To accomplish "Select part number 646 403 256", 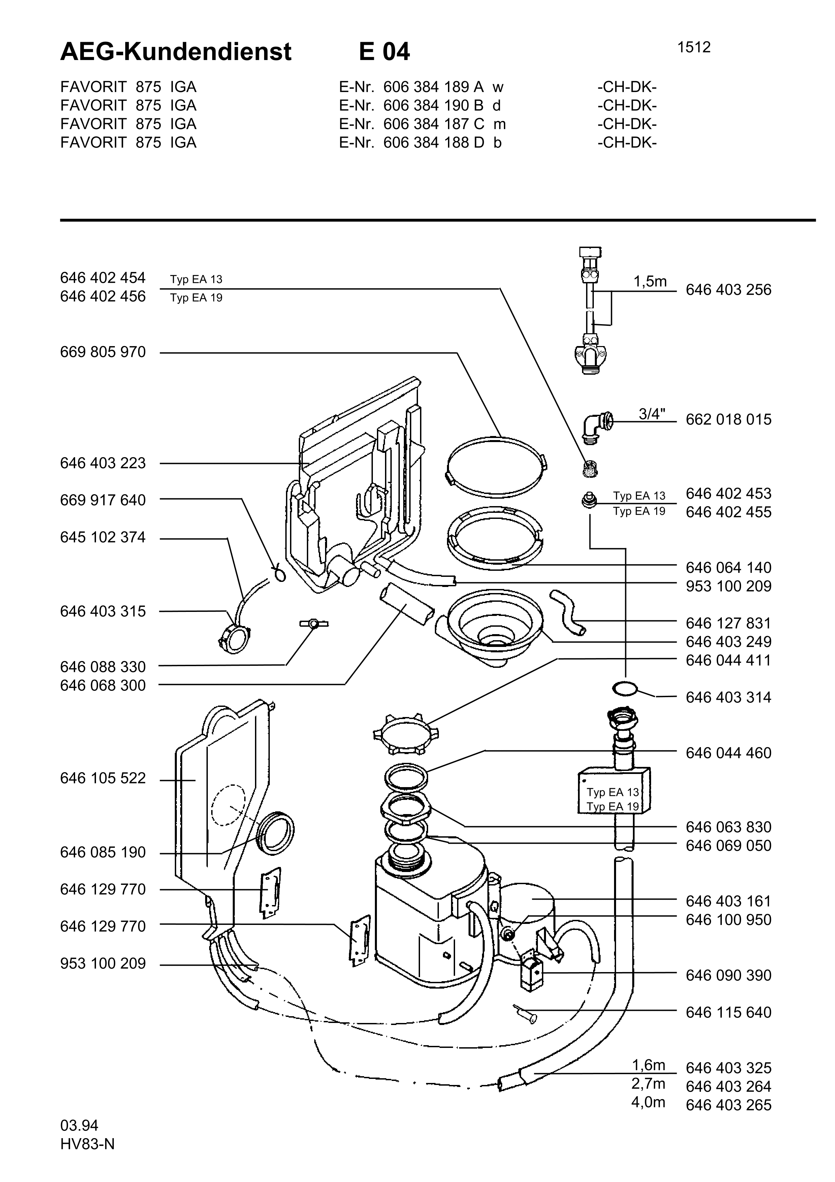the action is [729, 290].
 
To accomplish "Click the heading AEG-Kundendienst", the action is [176, 52].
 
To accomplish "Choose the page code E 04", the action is [384, 52].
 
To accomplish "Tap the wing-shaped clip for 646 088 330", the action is [313, 624].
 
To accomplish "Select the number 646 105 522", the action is [103, 778].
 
